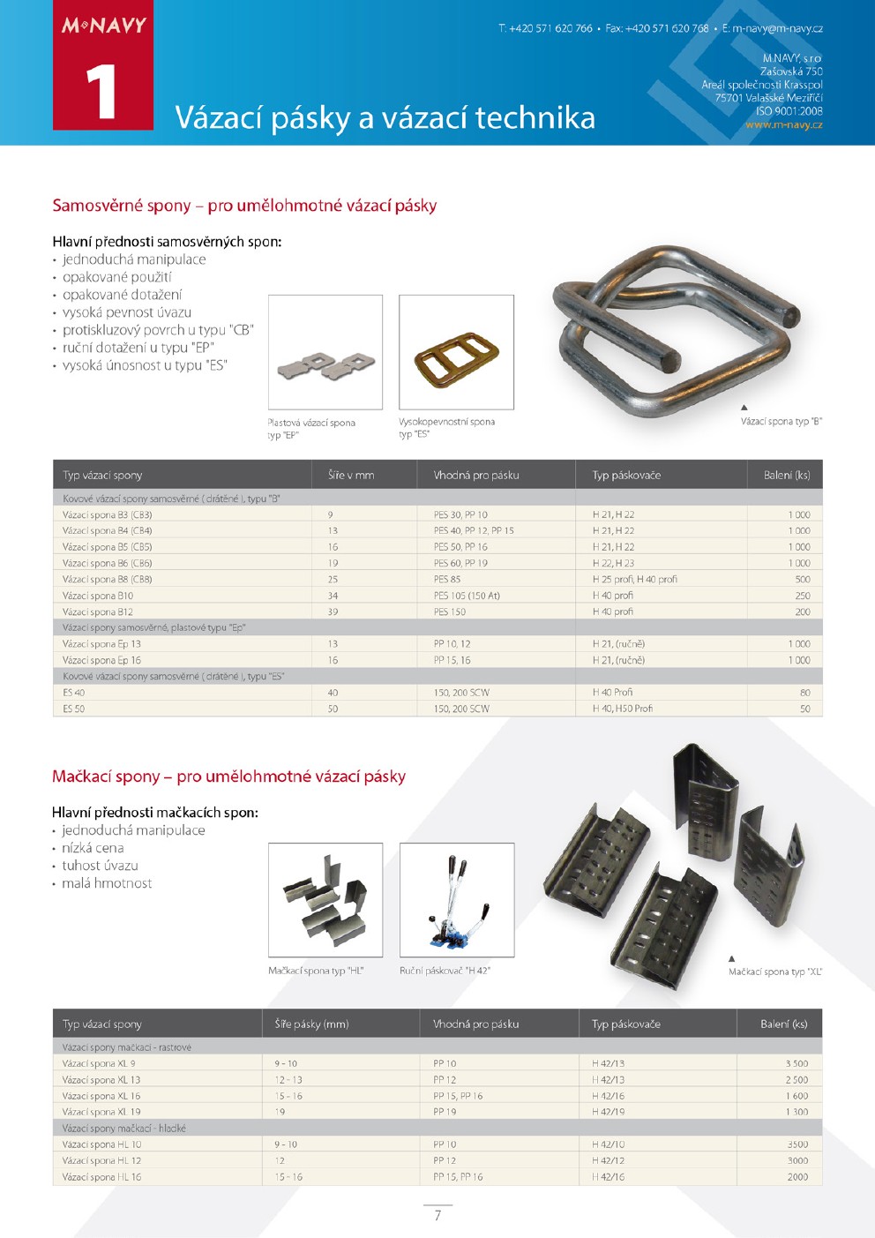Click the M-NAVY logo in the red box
[103, 26]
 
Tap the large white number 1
[101, 91]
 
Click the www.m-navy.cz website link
[783, 124]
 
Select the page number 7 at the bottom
[437, 1215]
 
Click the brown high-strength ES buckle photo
[456, 353]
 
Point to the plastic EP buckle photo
[325, 353]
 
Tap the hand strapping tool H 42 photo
[456, 900]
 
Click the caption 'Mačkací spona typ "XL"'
[774, 972]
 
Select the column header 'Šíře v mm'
[351, 475]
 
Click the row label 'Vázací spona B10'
[98, 596]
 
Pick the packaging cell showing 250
[802, 596]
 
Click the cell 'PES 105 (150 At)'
[467, 596]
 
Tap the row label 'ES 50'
[74, 709]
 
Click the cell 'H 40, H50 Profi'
[623, 709]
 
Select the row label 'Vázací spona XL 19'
[101, 1112]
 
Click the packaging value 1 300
[796, 1112]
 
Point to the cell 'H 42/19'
[608, 1112]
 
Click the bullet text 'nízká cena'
[93, 848]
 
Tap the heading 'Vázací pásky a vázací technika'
[385, 117]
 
